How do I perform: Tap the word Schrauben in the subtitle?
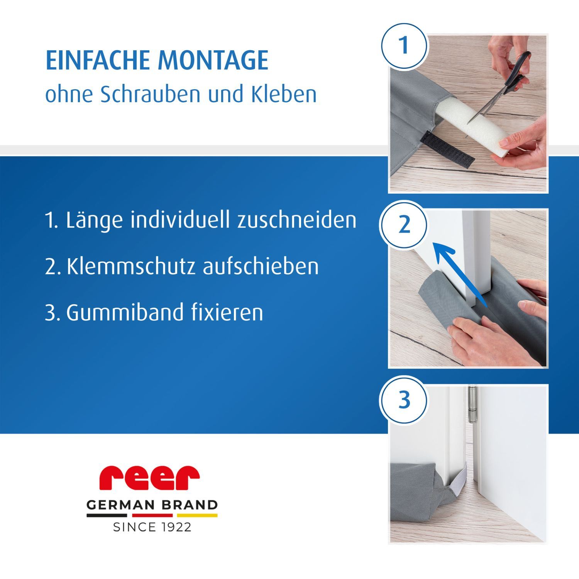[x=151, y=94]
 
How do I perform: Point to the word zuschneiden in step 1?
[x=296, y=220]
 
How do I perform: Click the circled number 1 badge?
[x=404, y=46]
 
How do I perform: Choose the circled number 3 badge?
[x=404, y=400]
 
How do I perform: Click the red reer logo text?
[x=149, y=477]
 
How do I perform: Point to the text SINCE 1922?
[x=152, y=527]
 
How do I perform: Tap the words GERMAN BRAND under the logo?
[x=152, y=505]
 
